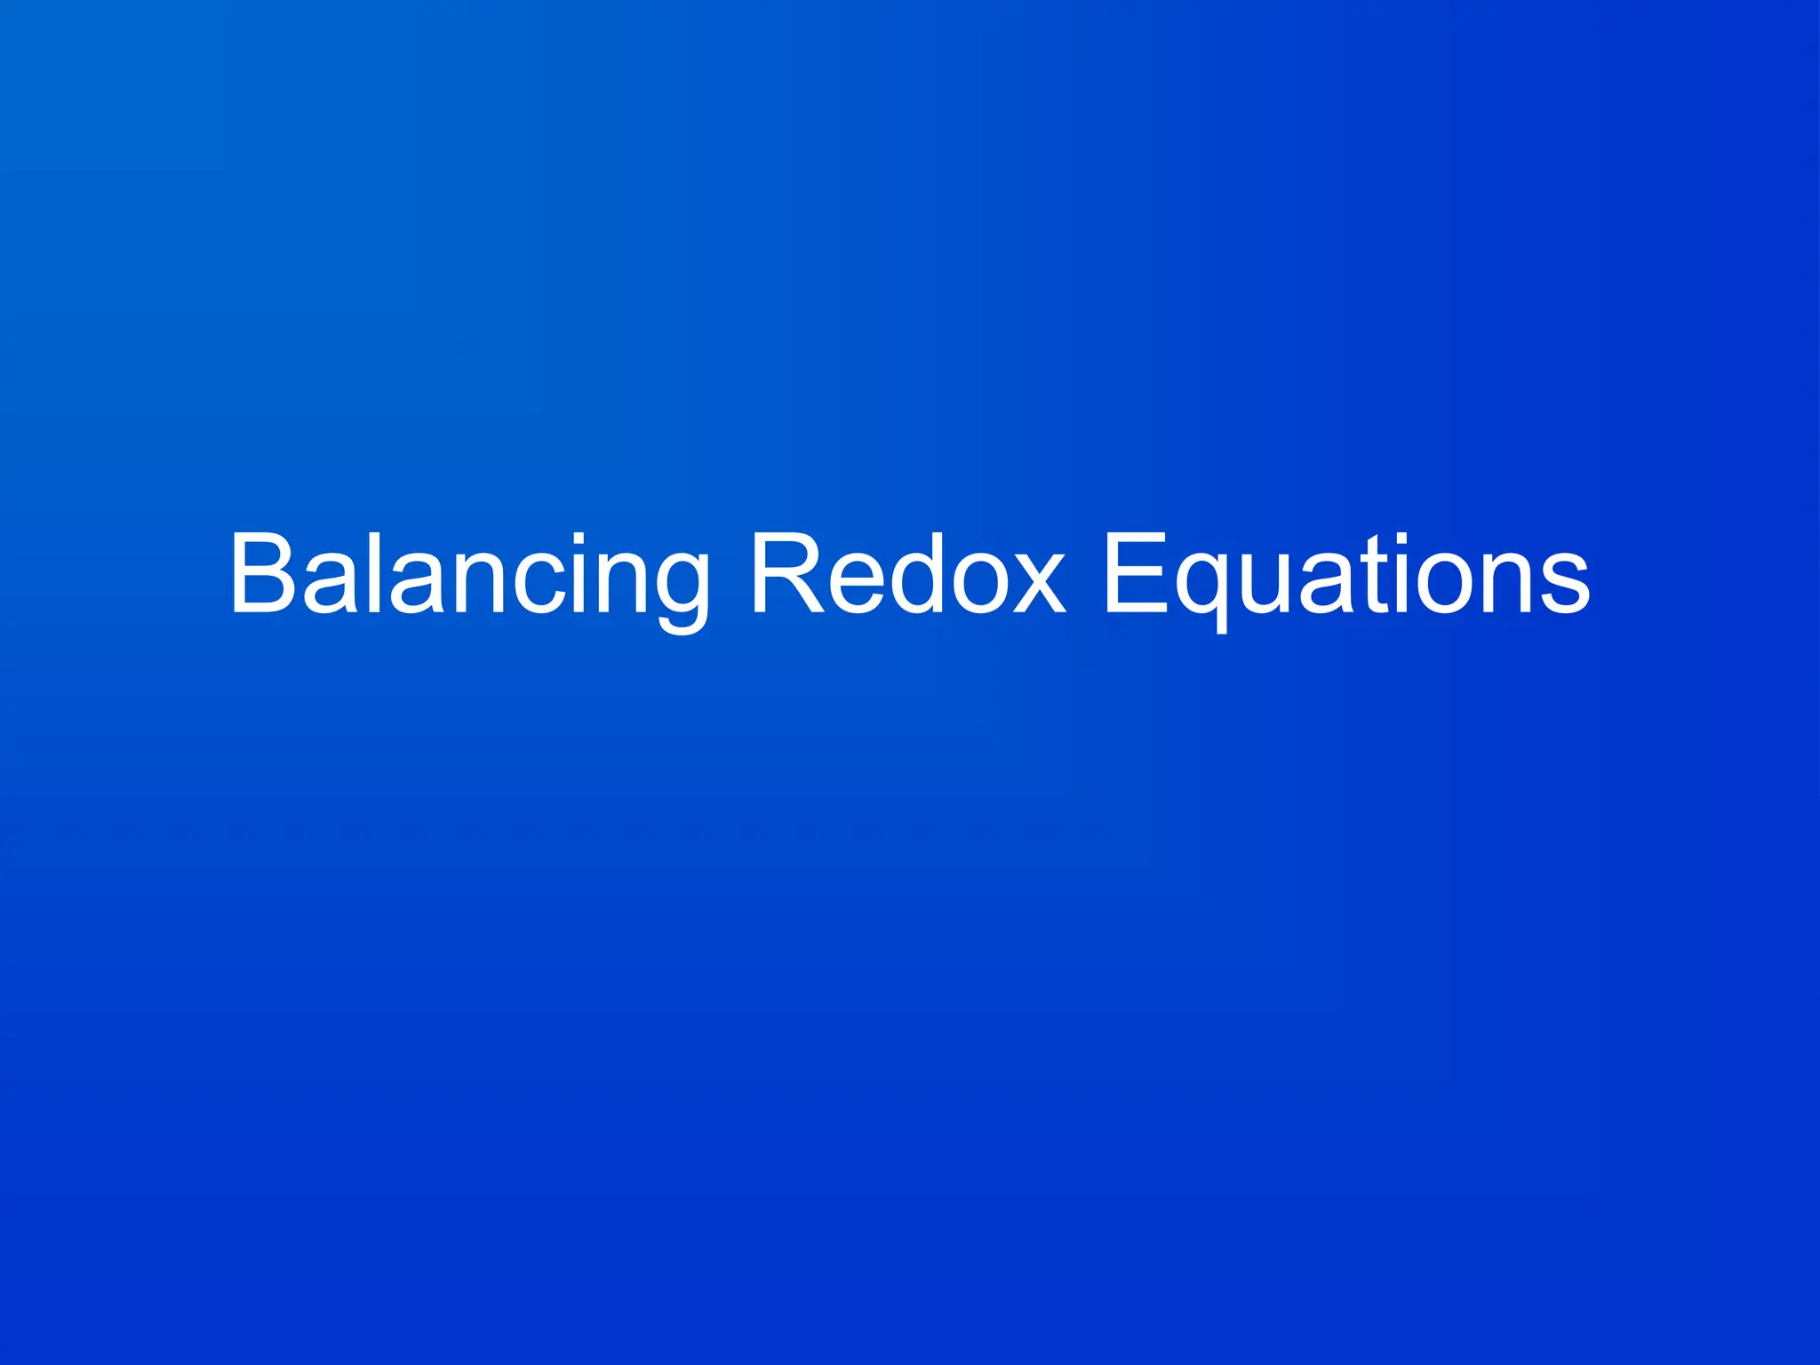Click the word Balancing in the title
click(x=469, y=576)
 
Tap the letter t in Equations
click(x=1376, y=578)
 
